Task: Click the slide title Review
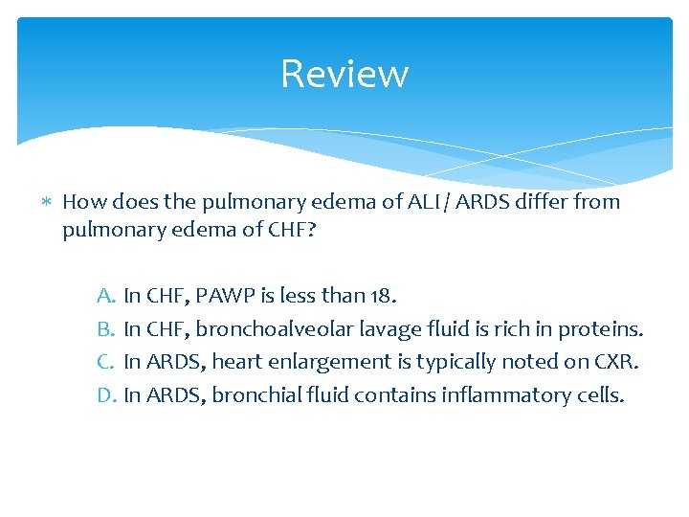tap(344, 74)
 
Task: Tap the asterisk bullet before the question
tap(48, 203)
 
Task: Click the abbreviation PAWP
tap(228, 297)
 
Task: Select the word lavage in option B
tap(383, 330)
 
